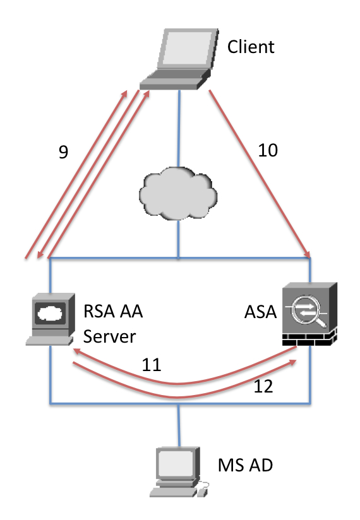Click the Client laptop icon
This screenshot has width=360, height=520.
pyautogui.click(x=179, y=59)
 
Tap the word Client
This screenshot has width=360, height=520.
pyautogui.click(x=251, y=47)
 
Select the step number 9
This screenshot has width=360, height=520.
pyautogui.click(x=63, y=151)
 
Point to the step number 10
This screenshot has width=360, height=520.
pyautogui.click(x=268, y=150)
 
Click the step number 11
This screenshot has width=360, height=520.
pyautogui.click(x=152, y=365)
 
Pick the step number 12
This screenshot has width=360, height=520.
pyautogui.click(x=263, y=386)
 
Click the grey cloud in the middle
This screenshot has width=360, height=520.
pyautogui.click(x=178, y=194)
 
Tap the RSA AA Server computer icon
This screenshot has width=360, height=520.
pyautogui.click(x=51, y=319)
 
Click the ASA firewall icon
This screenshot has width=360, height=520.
pyautogui.click(x=310, y=314)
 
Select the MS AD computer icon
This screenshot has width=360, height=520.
pyautogui.click(x=179, y=472)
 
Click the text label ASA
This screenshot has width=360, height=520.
pyautogui.click(x=260, y=312)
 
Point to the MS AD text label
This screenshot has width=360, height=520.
pyautogui.click(x=246, y=465)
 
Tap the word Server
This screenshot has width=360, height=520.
pyautogui.click(x=109, y=336)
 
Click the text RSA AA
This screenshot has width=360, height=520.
pyautogui.click(x=113, y=311)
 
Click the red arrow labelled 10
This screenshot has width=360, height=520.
pyautogui.click(x=260, y=174)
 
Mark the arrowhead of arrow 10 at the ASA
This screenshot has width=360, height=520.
pyautogui.click(x=309, y=256)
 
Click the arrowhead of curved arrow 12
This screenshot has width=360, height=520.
pyautogui.click(x=293, y=362)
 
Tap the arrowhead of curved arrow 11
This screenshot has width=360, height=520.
pyautogui.click(x=76, y=351)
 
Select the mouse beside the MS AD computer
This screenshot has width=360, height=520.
pyautogui.click(x=203, y=490)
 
